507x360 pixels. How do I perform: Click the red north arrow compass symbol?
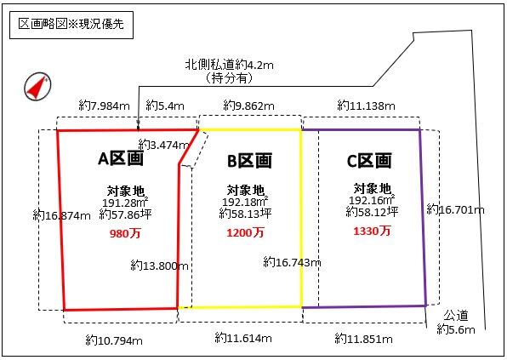[x=37, y=86]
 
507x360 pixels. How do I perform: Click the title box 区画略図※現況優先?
[x=71, y=25]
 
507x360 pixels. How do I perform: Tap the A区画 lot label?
[x=121, y=158]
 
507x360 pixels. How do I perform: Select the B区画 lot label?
[x=249, y=161]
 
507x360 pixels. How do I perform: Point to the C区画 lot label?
[x=369, y=161]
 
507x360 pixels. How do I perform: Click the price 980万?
[x=125, y=233]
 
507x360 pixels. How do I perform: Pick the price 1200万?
[x=245, y=232]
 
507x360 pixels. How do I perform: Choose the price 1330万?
[x=372, y=231]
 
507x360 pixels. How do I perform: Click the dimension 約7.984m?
[x=104, y=106]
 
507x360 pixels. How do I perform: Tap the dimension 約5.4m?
[x=165, y=106]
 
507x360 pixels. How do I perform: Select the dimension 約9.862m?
[x=248, y=106]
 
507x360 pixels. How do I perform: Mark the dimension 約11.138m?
[x=366, y=106]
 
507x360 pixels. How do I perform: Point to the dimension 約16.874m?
[x=61, y=215]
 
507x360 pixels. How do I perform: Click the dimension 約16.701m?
[x=455, y=209]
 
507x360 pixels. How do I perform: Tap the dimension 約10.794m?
[x=114, y=340]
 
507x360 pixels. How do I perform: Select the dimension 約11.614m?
[x=243, y=339]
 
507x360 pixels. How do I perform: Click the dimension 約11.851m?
[x=364, y=339]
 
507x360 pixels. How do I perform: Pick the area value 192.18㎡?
[x=245, y=202]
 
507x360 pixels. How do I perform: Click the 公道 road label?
[x=456, y=316]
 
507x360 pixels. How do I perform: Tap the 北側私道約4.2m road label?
[x=229, y=65]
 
